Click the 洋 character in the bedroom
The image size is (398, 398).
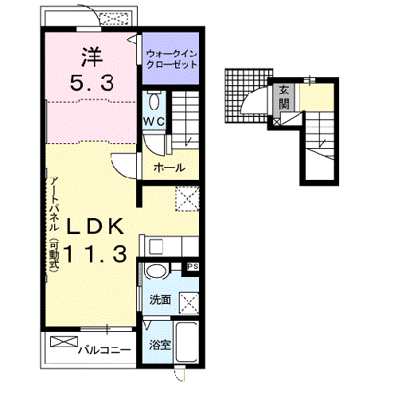click(x=92, y=57)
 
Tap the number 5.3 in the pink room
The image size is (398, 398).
click(x=92, y=83)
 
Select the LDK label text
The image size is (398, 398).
click(x=96, y=226)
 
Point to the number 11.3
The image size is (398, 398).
click(x=96, y=254)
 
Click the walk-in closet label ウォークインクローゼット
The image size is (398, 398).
click(x=172, y=60)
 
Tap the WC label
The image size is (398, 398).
click(x=154, y=122)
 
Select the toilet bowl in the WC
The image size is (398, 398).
click(x=154, y=101)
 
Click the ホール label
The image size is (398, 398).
click(x=170, y=168)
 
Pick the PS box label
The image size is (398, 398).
click(x=193, y=267)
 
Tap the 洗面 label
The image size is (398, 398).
click(x=160, y=300)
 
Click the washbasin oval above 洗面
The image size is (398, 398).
click(x=156, y=271)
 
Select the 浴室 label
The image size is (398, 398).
click(x=160, y=345)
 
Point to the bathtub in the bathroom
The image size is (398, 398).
click(x=187, y=341)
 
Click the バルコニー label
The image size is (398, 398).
click(x=104, y=350)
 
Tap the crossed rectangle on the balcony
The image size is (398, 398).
click(x=64, y=341)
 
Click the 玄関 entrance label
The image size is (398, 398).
click(x=283, y=97)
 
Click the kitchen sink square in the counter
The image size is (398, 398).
click(x=155, y=247)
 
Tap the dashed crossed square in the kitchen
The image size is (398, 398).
click(x=187, y=199)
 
